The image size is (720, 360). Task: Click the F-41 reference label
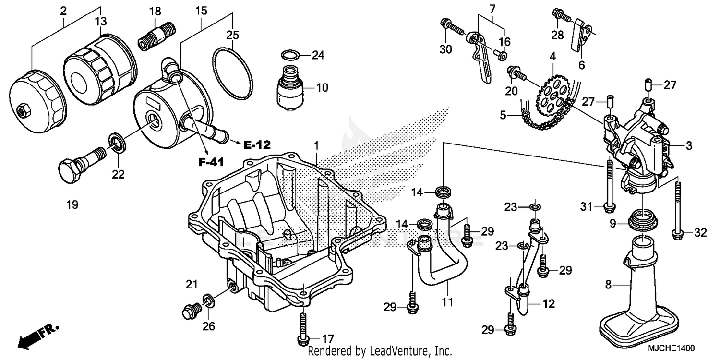pos(212,163)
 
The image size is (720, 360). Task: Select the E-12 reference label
pos(257,144)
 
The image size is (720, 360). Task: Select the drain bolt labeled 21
pos(191,311)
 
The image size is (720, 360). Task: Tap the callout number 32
pos(700,233)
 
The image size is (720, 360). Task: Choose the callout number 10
pos(322,88)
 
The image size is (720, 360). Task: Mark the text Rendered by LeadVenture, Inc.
pos(379,351)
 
